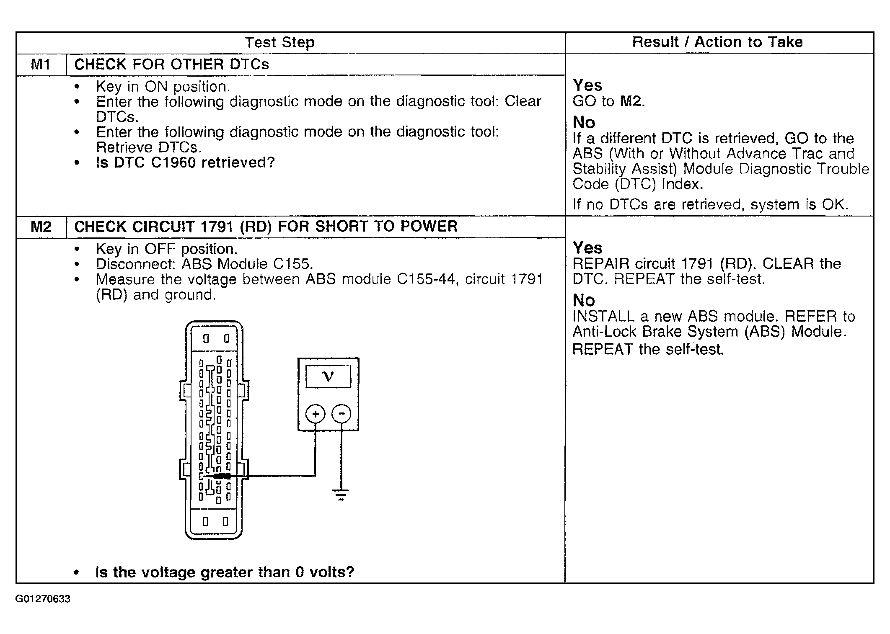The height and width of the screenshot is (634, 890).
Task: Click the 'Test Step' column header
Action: pyautogui.click(x=279, y=42)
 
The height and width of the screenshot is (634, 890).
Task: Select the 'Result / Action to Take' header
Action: pyautogui.click(x=717, y=42)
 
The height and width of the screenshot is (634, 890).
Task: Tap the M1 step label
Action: pyautogui.click(x=41, y=64)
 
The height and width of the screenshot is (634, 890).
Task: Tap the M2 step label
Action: pyautogui.click(x=41, y=227)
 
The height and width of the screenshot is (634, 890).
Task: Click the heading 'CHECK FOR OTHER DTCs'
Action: pyautogui.click(x=172, y=64)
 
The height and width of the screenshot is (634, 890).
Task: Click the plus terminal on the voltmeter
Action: pyautogui.click(x=316, y=414)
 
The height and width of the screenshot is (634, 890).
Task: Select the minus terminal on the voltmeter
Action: pyautogui.click(x=342, y=414)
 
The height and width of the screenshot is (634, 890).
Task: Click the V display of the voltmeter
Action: pyautogui.click(x=329, y=377)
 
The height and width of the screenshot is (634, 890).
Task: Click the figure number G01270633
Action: pyautogui.click(x=43, y=599)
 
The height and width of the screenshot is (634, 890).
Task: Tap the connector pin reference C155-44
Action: pyautogui.click(x=426, y=279)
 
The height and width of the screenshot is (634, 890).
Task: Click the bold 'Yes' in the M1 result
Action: pyautogui.click(x=587, y=85)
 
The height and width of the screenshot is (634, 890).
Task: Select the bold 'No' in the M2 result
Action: pyautogui.click(x=584, y=300)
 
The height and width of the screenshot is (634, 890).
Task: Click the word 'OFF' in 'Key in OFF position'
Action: pyautogui.click(x=160, y=249)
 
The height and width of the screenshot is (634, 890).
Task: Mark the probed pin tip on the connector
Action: pyautogui.click(x=202, y=476)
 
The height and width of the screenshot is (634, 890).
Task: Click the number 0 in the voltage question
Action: pyautogui.click(x=299, y=572)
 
